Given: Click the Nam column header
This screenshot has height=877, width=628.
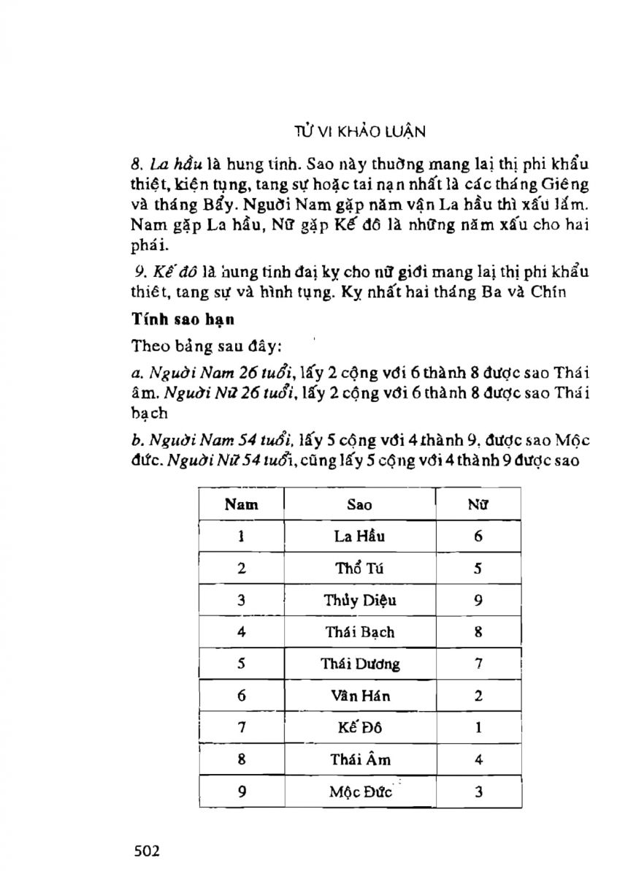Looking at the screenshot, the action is pyautogui.click(x=241, y=504).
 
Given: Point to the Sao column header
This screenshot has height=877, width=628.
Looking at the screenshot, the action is pyautogui.click(x=359, y=505).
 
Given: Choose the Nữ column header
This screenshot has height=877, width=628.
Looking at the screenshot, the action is pyautogui.click(x=478, y=504).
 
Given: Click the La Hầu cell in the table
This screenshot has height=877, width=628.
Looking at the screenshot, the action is pyautogui.click(x=359, y=536).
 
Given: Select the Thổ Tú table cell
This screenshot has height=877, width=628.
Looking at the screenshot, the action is pyautogui.click(x=359, y=569).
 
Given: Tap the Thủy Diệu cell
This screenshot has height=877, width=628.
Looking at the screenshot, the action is pyautogui.click(x=359, y=601).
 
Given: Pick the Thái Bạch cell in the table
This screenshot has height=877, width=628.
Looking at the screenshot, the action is pyautogui.click(x=359, y=632).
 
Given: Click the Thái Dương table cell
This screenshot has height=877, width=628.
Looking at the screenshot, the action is pyautogui.click(x=359, y=664).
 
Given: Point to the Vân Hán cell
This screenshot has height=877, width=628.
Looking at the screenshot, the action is pyautogui.click(x=359, y=696).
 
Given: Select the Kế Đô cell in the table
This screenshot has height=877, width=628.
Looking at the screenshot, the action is pyautogui.click(x=359, y=728).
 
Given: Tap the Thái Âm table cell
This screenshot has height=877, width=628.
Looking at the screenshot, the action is pyautogui.click(x=359, y=759).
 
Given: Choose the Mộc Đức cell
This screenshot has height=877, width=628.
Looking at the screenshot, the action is pyautogui.click(x=359, y=791).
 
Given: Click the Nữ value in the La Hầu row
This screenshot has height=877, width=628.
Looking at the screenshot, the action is pyautogui.click(x=478, y=536).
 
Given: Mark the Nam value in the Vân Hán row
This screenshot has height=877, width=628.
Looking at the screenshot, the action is pyautogui.click(x=241, y=696).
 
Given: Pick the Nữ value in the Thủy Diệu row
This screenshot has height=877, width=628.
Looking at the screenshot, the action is pyautogui.click(x=478, y=601).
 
